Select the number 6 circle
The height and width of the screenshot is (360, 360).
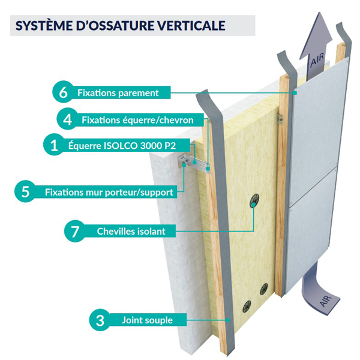point(63,93)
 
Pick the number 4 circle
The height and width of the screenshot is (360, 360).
point(67,119)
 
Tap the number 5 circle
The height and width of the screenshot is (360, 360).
point(25,193)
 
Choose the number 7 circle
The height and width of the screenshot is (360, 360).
point(74,231)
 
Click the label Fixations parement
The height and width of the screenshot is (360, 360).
point(118,93)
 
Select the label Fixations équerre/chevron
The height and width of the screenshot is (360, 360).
point(137,120)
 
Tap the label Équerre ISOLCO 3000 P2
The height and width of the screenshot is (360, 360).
point(125,145)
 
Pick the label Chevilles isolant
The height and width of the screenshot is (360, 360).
point(131,231)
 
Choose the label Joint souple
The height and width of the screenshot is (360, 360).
point(146,320)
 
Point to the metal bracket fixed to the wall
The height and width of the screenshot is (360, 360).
point(193,162)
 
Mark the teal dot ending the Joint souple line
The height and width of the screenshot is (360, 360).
point(229,320)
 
